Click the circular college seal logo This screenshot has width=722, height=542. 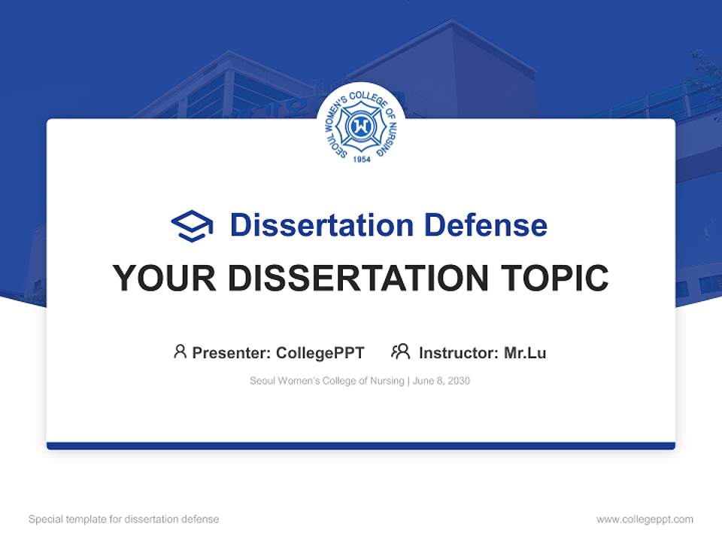tap(361, 127)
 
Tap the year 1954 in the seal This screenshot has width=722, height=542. tap(361, 160)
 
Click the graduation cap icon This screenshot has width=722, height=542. tap(192, 226)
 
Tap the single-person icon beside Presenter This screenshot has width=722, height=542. tap(180, 352)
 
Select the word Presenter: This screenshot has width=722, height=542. tap(231, 352)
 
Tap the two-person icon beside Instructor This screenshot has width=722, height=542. tap(401, 352)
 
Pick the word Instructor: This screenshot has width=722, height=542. tap(458, 352)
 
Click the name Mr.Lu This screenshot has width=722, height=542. tap(525, 352)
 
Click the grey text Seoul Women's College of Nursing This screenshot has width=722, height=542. tap(327, 381)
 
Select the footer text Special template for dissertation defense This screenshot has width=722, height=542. tap(124, 519)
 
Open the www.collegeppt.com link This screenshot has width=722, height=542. tap(645, 519)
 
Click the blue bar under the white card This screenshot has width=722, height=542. tap(361, 446)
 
